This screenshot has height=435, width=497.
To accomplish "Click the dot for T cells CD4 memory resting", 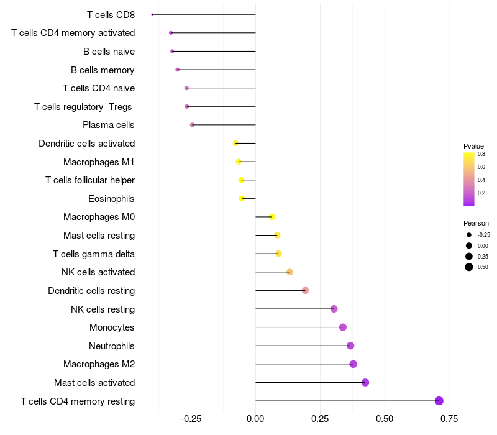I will (x=439, y=401).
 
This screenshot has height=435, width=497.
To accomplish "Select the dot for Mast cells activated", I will (x=365, y=382).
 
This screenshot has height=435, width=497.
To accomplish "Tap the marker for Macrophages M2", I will (x=353, y=364).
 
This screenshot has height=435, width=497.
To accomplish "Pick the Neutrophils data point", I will (x=350, y=346).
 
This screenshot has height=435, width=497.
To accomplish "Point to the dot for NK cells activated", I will (x=290, y=272).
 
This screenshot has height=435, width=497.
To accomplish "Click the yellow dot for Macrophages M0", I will (x=272, y=217).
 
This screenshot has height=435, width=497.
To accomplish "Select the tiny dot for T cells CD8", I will (x=152, y=14).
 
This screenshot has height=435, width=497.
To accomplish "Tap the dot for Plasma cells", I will (x=193, y=125).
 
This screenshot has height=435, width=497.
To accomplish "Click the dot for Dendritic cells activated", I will (x=235, y=144).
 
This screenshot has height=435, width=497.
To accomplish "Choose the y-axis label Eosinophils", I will (x=112, y=199).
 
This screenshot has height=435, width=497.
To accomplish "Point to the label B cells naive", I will (x=109, y=51).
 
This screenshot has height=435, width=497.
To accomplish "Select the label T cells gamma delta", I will (x=94, y=254).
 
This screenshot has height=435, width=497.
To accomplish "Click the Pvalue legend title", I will (x=473, y=146).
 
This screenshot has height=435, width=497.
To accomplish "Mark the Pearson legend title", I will (x=476, y=223).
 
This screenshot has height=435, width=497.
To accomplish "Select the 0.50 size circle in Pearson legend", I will (x=469, y=267).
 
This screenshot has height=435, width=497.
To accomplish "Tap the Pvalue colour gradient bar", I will (x=469, y=178).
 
